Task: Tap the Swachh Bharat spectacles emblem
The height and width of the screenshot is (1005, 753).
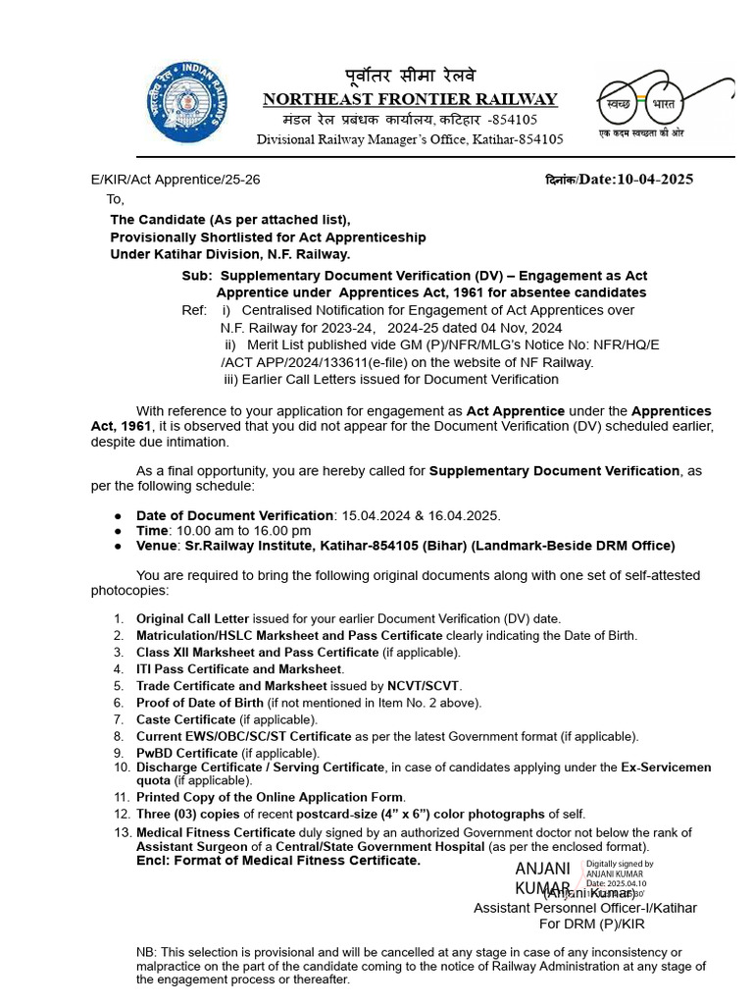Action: point(666,104)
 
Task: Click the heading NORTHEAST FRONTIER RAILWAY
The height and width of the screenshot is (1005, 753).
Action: point(410,99)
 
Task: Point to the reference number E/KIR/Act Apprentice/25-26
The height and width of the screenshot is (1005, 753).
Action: point(176,180)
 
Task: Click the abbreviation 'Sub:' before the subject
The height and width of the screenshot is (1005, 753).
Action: point(197,276)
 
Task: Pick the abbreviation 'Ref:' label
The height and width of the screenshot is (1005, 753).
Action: point(194,310)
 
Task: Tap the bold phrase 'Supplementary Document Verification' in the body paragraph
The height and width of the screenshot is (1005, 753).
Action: point(554,471)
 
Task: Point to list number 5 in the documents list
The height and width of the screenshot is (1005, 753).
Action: point(119,686)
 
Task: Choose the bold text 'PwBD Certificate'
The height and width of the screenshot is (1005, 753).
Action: point(186,753)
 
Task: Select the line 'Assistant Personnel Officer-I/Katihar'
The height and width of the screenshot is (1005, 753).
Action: point(585,908)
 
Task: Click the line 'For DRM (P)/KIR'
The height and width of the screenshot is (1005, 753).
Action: point(591,924)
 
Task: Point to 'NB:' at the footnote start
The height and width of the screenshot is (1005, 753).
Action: point(146,952)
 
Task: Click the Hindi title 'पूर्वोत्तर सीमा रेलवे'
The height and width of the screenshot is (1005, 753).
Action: point(410,77)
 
